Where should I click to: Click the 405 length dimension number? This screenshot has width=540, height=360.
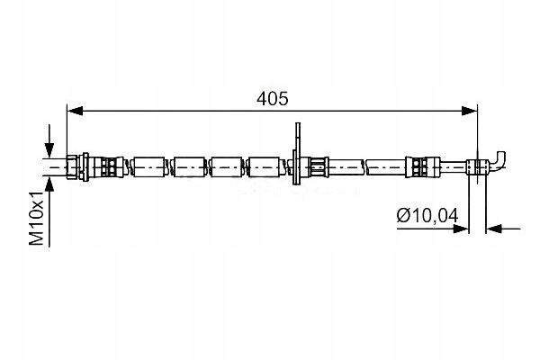(x=272, y=99)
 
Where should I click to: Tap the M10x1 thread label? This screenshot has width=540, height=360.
(x=37, y=218)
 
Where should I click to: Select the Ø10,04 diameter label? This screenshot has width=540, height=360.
(x=427, y=216)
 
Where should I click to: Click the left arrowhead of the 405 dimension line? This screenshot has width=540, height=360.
(x=75, y=111)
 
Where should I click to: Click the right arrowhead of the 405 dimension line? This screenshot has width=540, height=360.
(x=470, y=111)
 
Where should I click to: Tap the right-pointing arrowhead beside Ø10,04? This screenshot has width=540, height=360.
(x=461, y=229)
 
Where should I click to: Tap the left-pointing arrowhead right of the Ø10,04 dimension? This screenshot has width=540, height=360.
(x=494, y=229)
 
